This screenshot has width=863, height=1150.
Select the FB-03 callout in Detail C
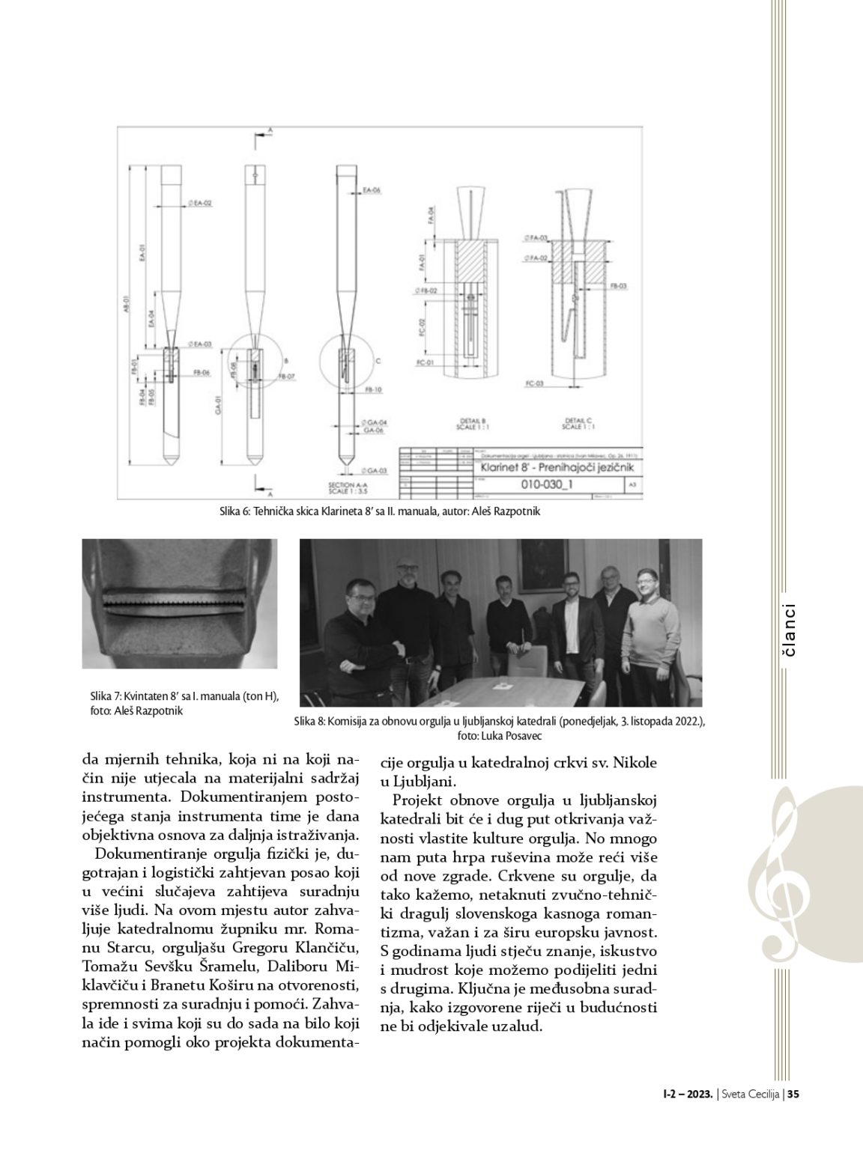[618, 286]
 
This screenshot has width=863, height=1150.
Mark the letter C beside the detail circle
[378, 361]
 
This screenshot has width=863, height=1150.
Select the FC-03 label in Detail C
[534, 383]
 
